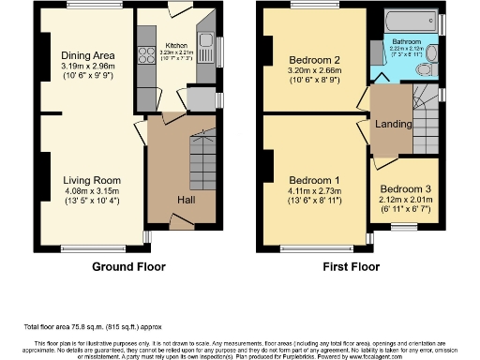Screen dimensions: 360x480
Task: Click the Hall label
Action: (x=187, y=200)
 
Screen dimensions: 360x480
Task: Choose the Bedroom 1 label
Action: (x=314, y=180)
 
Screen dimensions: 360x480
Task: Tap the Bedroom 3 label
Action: (x=406, y=187)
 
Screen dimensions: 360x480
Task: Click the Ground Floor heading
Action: (x=129, y=266)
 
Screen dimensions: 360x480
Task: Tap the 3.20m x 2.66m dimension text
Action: (x=314, y=69)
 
